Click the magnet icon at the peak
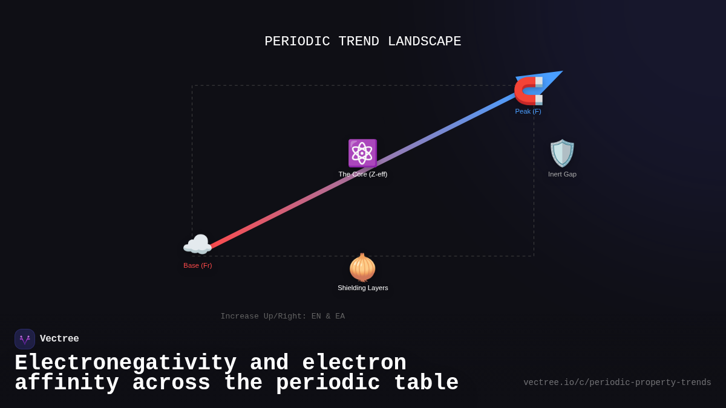(x=528, y=91)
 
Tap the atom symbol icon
(x=362, y=153)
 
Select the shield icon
(x=562, y=153)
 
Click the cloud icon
(x=197, y=245)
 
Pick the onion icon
(x=362, y=268)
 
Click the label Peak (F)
(x=528, y=111)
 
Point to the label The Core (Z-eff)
(x=363, y=174)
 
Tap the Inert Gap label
(x=562, y=174)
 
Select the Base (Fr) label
(x=198, y=265)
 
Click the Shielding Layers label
(x=363, y=288)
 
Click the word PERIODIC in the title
(x=297, y=42)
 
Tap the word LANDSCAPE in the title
(x=424, y=42)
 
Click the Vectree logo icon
(x=25, y=339)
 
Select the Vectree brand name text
(x=59, y=339)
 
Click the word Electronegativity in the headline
(x=125, y=363)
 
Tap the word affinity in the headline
(x=67, y=383)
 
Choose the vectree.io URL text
(x=617, y=383)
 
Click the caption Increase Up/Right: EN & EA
(x=283, y=316)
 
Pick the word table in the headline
(x=427, y=383)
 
